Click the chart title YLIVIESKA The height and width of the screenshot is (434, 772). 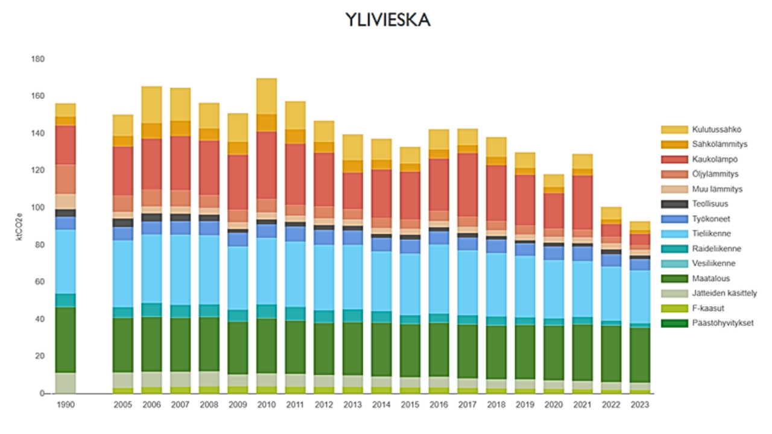pos(388,20)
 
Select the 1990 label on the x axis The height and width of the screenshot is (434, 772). pos(65,405)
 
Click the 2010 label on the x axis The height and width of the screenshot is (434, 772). pos(266,405)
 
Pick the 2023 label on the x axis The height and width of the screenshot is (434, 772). pos(639,405)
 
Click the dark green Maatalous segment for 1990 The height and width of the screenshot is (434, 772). pos(65,340)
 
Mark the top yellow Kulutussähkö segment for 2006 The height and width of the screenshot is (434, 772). pos(151,105)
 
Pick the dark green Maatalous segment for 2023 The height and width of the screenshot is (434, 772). pos(639,355)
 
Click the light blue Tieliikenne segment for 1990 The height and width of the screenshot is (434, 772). pos(65,262)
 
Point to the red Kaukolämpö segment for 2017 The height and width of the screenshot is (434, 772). pos(467,184)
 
